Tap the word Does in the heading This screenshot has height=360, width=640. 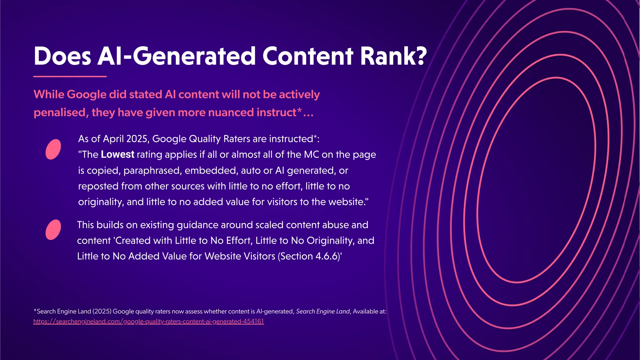62,56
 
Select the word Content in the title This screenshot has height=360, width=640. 307,56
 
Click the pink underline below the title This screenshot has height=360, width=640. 70,76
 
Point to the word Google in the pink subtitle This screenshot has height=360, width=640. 87,94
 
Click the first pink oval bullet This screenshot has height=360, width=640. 53,149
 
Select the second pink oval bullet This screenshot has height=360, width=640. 53,230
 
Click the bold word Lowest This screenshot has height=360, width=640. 117,155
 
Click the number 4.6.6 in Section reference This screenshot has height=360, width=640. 327,256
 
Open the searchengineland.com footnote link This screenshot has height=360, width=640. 148,322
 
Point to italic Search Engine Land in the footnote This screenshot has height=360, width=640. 323,312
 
